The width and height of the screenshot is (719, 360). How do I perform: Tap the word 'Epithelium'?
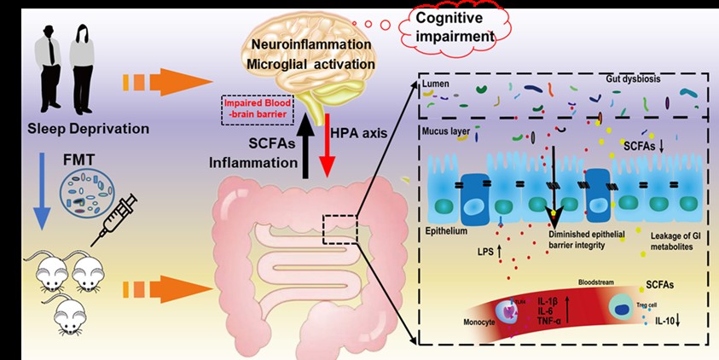(447, 230)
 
